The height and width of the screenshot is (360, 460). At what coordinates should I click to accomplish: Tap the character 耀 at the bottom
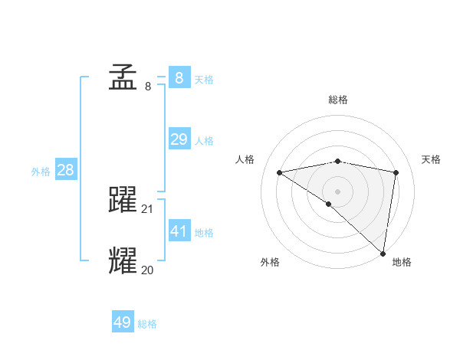(x=123, y=260)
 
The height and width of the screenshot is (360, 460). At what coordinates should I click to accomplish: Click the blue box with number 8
(x=179, y=77)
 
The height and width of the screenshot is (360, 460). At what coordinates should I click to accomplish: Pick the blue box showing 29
(x=179, y=139)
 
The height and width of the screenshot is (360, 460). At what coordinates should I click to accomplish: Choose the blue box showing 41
(x=179, y=231)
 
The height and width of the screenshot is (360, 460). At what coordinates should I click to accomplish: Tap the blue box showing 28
(x=65, y=170)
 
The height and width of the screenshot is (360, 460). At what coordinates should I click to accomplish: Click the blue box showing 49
(x=123, y=322)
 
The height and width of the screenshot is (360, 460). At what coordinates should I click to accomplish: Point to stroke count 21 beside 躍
(x=148, y=208)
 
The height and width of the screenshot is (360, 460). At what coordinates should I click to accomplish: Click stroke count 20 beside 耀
(x=148, y=270)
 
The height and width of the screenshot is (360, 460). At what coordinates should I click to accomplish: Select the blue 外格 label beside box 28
(x=41, y=172)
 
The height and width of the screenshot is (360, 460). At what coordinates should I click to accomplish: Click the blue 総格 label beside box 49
(x=147, y=324)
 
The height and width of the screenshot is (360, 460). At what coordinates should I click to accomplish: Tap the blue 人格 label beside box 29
(x=204, y=141)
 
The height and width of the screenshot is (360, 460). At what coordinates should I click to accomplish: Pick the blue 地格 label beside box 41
(x=204, y=233)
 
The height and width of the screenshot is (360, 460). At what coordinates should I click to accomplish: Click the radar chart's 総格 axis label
(x=338, y=100)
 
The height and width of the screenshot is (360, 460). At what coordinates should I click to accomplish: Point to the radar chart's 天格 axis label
(x=431, y=159)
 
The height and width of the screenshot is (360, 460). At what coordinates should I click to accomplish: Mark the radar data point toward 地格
(x=383, y=254)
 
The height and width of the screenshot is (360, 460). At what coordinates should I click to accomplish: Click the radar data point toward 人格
(x=280, y=172)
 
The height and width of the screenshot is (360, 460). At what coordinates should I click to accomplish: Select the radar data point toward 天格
(x=396, y=172)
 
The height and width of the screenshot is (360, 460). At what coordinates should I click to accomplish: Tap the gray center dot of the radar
(x=338, y=191)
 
